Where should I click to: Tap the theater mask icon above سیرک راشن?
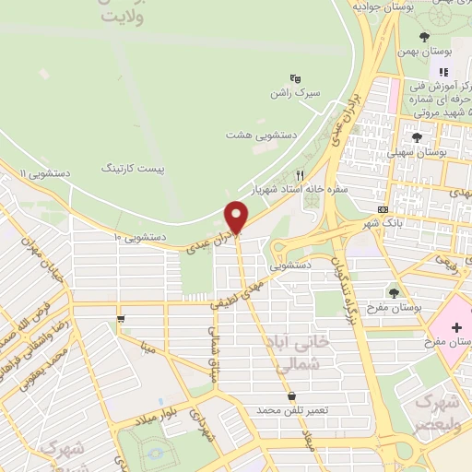click(295, 78)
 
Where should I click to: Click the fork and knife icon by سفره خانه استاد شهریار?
click(299, 173)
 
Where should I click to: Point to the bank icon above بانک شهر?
click(383, 209)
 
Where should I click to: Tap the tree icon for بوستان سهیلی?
click(418, 135)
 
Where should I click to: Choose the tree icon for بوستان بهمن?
click(424, 37)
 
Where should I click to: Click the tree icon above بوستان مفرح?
click(395, 292)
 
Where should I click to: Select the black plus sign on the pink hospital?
click(457, 327)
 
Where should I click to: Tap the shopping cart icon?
click(121, 319)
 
